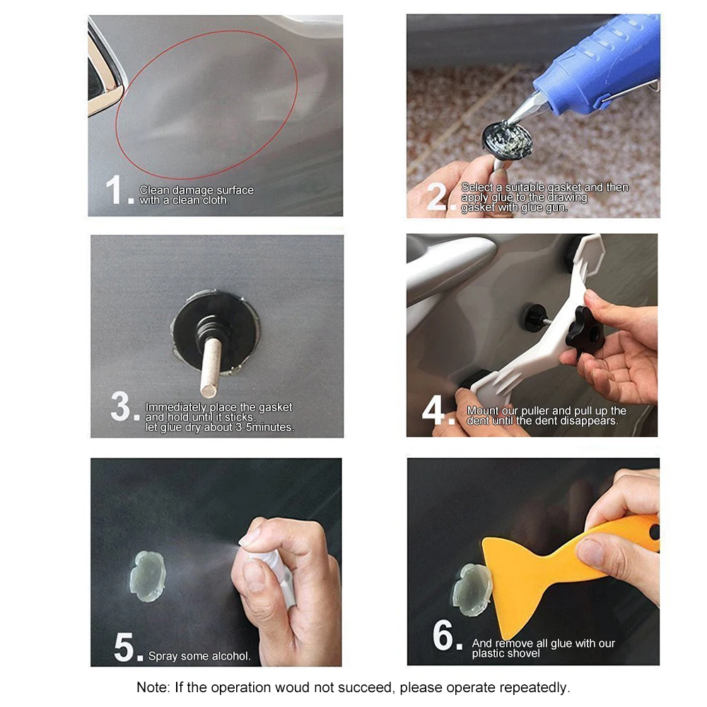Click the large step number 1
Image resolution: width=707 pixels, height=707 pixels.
tap(114, 189)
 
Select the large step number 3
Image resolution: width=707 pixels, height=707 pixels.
tap(120, 406)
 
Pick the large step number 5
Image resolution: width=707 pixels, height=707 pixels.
tap(124, 647)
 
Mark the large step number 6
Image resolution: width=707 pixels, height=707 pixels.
tap(443, 635)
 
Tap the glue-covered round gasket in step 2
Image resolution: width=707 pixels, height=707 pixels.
tap(507, 140)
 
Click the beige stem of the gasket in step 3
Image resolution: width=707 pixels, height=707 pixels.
tap(211, 368)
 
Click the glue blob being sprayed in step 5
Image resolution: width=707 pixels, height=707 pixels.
tap(148, 576)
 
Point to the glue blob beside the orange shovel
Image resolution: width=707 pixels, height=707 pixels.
tap(471, 590)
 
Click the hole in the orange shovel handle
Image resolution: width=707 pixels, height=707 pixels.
tap(654, 532)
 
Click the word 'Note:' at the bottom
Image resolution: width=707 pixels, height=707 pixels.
tap(153, 688)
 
